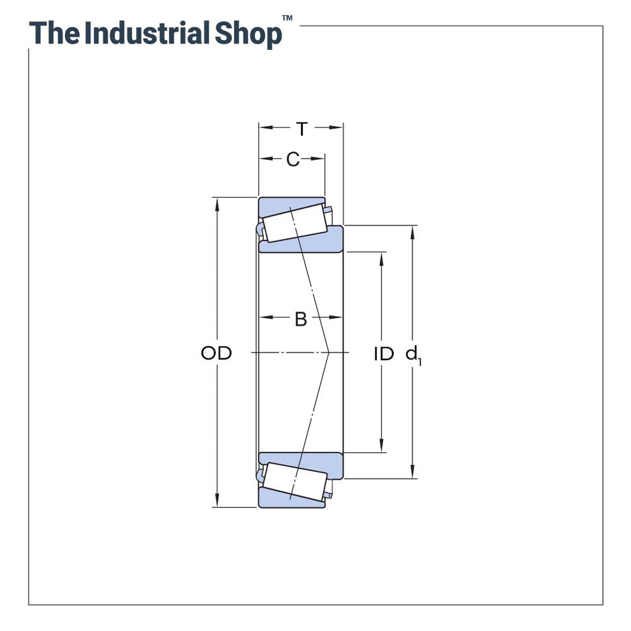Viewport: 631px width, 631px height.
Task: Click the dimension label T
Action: coord(301,129)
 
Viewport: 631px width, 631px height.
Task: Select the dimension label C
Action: coord(293,159)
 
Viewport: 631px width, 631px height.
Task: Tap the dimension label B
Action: coord(301,319)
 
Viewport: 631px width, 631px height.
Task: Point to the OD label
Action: coord(216,353)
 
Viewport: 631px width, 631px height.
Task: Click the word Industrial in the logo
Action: coord(147,33)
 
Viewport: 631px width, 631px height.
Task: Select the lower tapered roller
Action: coord(296,481)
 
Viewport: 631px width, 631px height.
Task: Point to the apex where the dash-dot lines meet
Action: coord(328,352)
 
